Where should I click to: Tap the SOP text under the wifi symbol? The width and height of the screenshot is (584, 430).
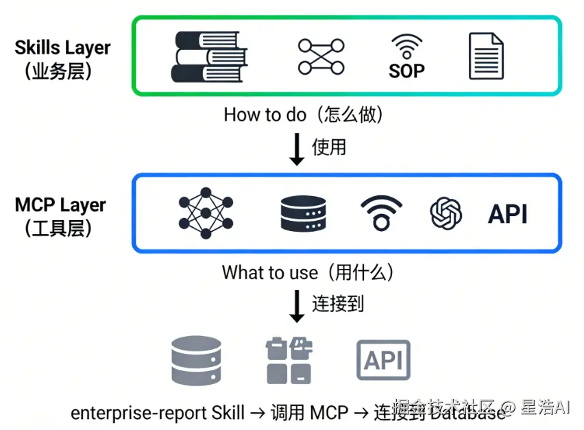[406, 71]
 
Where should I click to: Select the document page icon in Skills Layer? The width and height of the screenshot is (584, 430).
[486, 56]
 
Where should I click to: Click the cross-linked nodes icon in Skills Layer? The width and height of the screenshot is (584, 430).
[321, 57]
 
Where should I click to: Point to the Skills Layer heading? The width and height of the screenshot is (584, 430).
[63, 47]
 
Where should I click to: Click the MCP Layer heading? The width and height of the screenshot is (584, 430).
[60, 205]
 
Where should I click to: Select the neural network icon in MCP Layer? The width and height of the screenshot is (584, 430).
[205, 213]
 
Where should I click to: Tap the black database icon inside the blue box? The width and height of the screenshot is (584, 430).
[303, 213]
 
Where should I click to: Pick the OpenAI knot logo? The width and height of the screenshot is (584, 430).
[446, 213]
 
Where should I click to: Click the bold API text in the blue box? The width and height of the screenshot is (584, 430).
[508, 214]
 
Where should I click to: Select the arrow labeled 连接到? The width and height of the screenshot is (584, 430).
[297, 306]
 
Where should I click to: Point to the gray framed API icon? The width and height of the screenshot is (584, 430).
[383, 360]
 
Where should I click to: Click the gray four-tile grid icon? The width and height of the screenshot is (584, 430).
[289, 360]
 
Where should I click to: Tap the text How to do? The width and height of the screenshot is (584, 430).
[265, 115]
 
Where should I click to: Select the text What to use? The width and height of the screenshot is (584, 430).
[269, 272]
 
